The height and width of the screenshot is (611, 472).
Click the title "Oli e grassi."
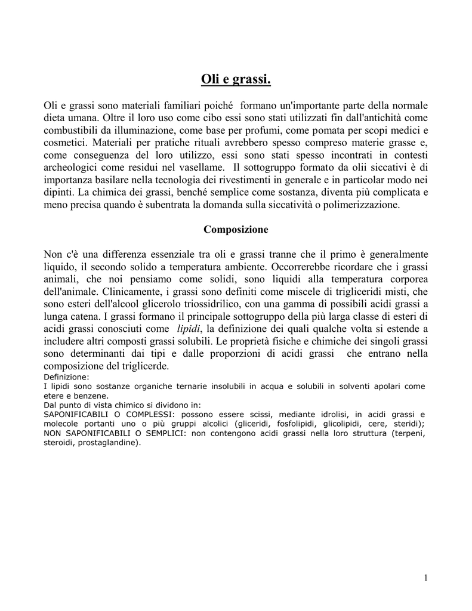tap(236, 78)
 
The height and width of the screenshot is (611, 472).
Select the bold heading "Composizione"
tap(236, 229)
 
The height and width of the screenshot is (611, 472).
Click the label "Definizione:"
tap(66, 377)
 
